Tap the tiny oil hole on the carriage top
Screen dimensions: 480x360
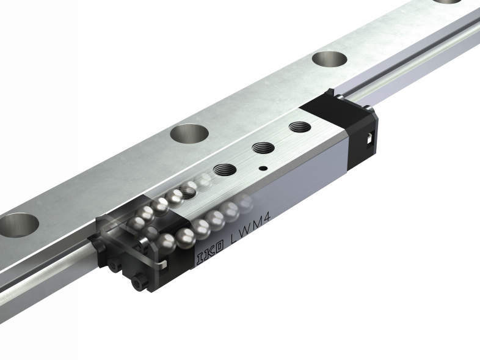(263, 168)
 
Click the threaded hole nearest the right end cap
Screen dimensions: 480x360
(300, 127)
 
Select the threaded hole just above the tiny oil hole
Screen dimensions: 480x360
(263, 148)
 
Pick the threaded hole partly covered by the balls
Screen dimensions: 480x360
(186, 193)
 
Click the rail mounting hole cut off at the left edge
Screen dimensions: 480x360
(18, 225)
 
